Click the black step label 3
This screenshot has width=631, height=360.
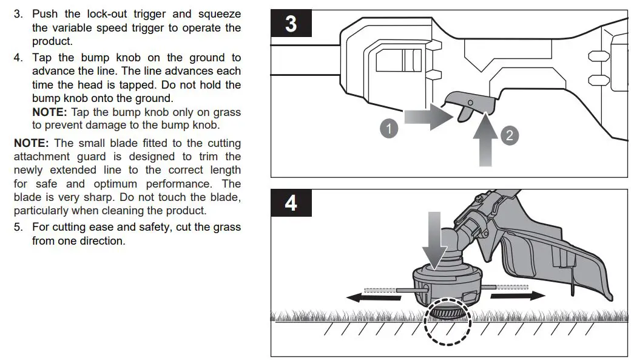click(x=291, y=24)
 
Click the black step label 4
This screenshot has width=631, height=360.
click(x=291, y=203)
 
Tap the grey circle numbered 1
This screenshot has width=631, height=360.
click(x=389, y=129)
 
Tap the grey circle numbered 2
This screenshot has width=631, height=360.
click(x=509, y=135)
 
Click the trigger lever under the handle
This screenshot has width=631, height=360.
click(x=467, y=107)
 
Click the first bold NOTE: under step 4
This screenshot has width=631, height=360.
click(x=50, y=112)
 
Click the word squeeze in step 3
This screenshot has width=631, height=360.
click(x=218, y=13)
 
